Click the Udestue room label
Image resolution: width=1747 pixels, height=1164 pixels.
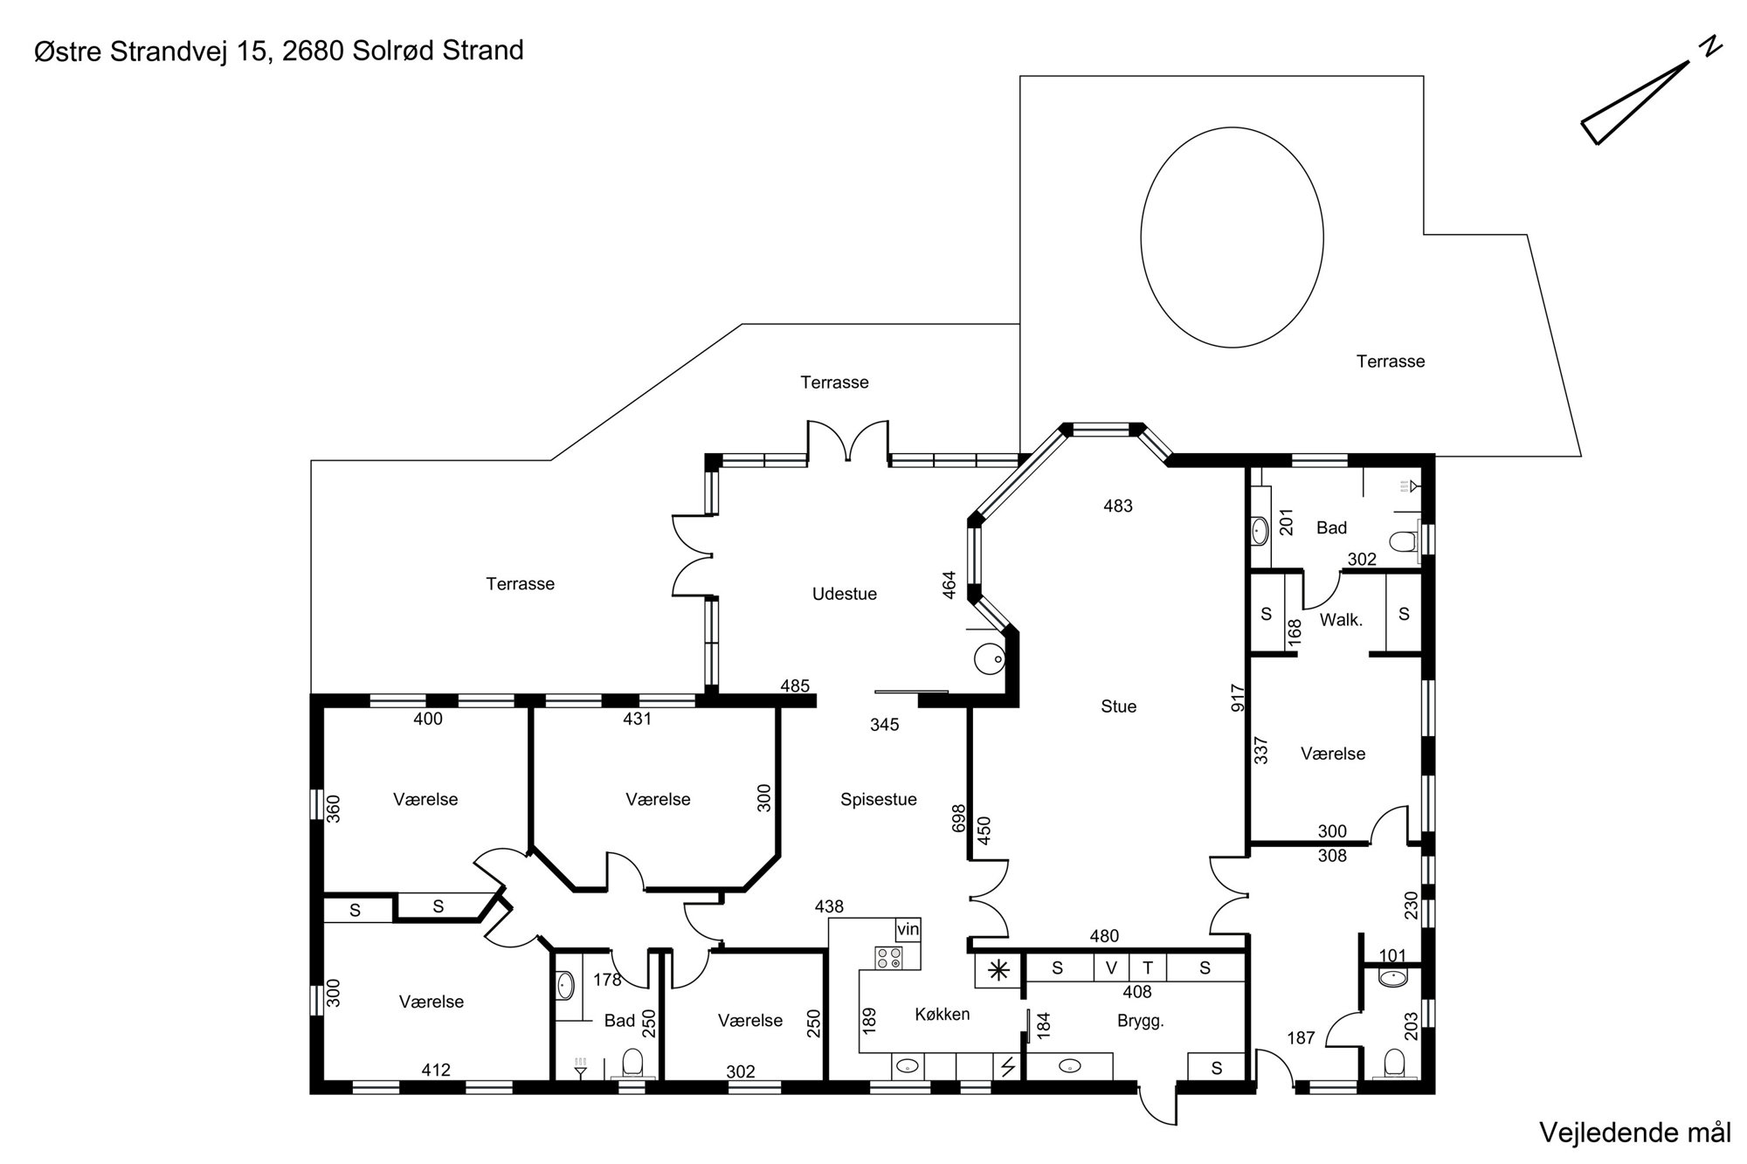click(844, 594)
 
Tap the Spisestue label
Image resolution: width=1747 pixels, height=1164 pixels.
click(879, 800)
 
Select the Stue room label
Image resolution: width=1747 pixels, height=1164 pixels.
click(1118, 706)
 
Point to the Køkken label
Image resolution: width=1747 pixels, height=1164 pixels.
click(942, 1014)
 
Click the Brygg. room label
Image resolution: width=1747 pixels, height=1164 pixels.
click(1141, 1022)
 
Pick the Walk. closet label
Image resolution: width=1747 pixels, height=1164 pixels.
click(1341, 620)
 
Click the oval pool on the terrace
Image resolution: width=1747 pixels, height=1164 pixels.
click(1232, 237)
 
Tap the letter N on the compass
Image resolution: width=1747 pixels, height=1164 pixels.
click(1710, 47)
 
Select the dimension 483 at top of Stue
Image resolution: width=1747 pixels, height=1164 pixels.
click(1118, 506)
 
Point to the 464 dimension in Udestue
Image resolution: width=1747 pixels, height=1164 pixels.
click(949, 584)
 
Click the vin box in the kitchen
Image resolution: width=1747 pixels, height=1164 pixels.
click(908, 929)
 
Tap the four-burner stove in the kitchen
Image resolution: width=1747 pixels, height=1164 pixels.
click(888, 958)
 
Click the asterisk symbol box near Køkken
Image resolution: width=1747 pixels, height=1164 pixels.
click(998, 970)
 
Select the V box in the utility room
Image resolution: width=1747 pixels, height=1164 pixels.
click(1111, 968)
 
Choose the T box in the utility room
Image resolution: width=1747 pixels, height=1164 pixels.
click(1148, 968)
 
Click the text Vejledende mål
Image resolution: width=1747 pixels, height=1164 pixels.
click(1634, 1133)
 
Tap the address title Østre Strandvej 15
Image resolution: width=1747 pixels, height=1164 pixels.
click(154, 52)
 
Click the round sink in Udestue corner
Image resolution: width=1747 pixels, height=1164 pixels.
click(990, 658)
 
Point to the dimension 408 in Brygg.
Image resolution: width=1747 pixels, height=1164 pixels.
click(1137, 992)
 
